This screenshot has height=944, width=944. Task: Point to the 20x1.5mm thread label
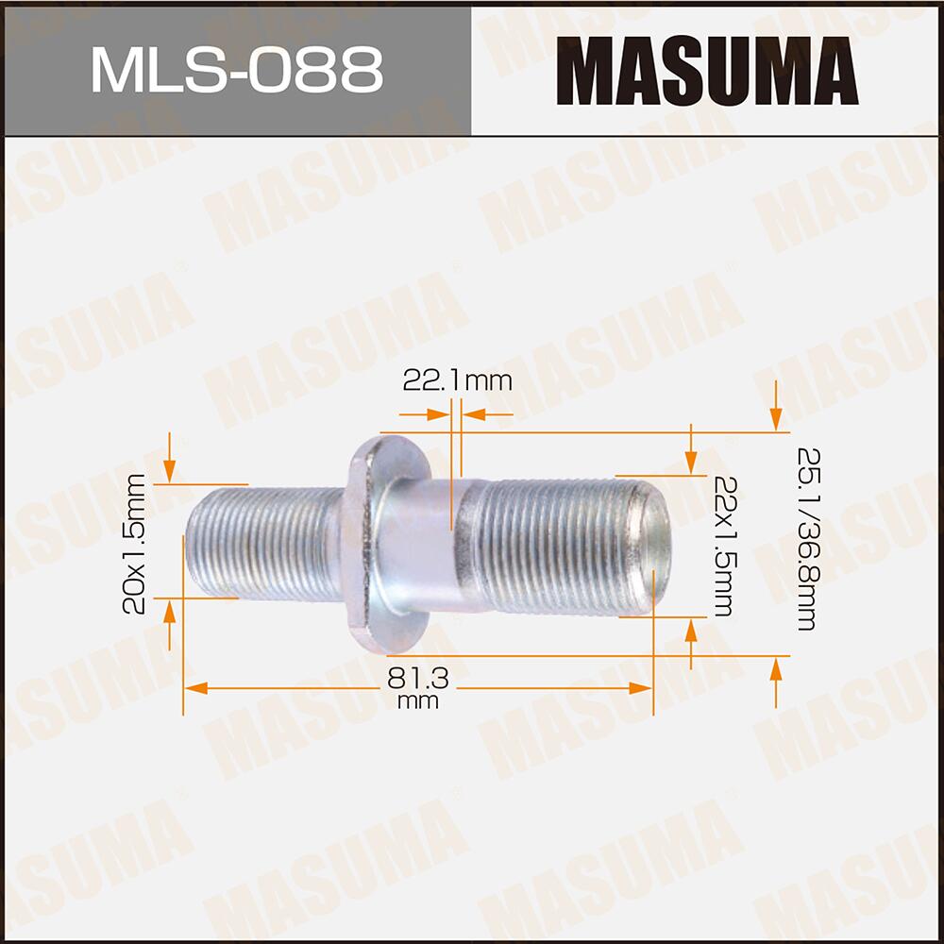(136, 542)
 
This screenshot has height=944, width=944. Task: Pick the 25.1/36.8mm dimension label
(805, 538)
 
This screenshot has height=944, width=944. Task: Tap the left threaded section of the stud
(264, 543)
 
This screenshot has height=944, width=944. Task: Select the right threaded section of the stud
(557, 547)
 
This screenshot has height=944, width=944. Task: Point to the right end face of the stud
(656, 547)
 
